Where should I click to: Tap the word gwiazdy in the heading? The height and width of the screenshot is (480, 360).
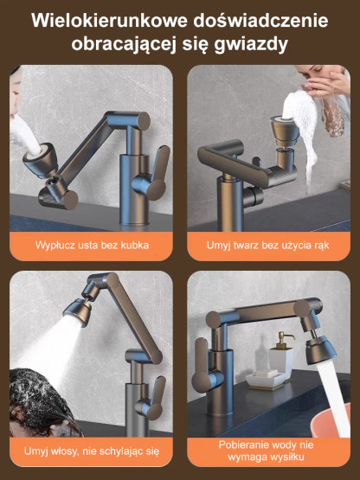pos(250,44)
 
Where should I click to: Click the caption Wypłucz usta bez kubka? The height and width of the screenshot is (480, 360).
pos(92,246)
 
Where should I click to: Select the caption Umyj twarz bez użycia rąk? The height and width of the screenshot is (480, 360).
pos(267,246)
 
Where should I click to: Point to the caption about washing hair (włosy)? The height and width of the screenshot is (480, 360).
pos(92,451)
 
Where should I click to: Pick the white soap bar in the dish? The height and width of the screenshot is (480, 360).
pos(267,374)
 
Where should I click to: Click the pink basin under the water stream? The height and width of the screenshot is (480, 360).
pos(331,419)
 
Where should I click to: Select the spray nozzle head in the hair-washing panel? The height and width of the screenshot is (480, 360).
pos(77,309)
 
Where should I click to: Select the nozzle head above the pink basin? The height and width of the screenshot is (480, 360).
pos(321,349)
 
